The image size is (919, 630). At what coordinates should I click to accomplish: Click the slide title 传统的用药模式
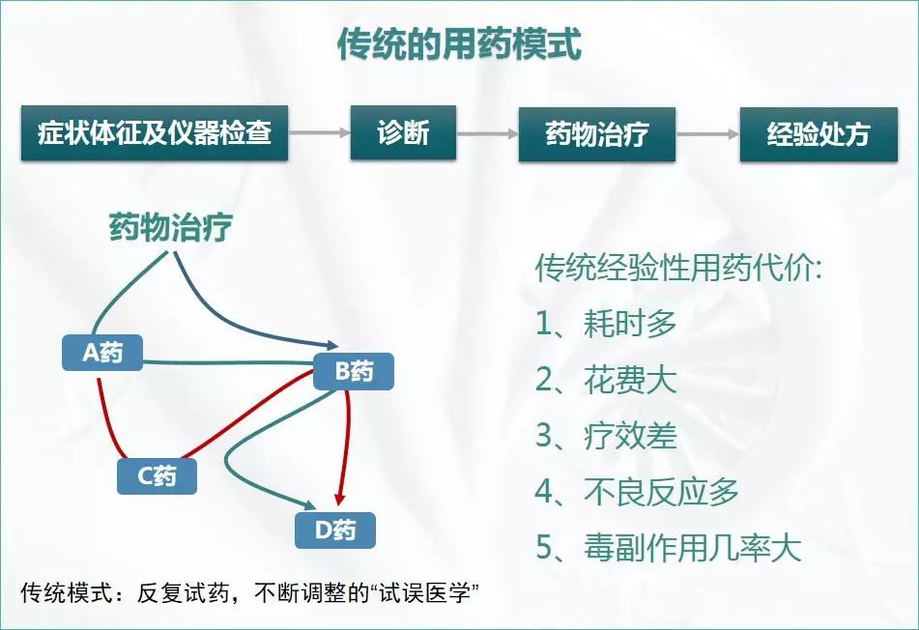click(459, 43)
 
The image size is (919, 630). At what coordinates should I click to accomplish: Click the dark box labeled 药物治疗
click(596, 134)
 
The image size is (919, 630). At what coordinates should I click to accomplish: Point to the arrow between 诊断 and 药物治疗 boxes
click(488, 134)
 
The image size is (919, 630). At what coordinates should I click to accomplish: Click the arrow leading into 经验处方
click(707, 134)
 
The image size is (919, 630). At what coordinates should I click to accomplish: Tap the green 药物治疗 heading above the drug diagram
click(170, 230)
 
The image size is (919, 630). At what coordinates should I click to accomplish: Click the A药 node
click(102, 353)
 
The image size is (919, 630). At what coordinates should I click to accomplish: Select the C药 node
click(157, 475)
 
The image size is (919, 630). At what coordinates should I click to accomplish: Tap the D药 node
click(334, 530)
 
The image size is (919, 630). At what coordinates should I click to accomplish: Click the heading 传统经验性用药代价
click(678, 268)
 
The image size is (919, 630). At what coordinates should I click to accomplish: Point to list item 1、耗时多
click(606, 324)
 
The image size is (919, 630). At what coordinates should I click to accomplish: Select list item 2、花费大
click(606, 380)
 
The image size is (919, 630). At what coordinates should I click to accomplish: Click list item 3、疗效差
click(606, 436)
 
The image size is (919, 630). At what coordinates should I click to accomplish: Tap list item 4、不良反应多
click(637, 492)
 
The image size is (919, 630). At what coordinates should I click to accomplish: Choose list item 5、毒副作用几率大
click(668, 548)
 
